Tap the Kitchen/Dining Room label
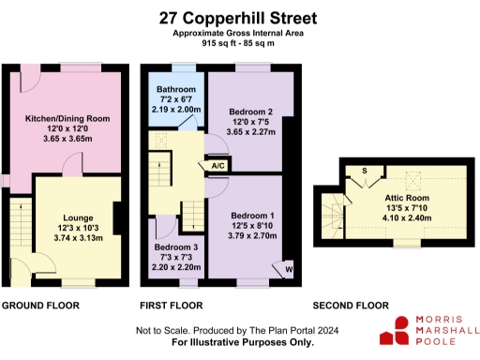coord(67,118)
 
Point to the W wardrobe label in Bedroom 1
coord(287,270)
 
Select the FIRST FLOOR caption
coord(171,306)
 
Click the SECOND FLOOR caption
coord(350,306)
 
